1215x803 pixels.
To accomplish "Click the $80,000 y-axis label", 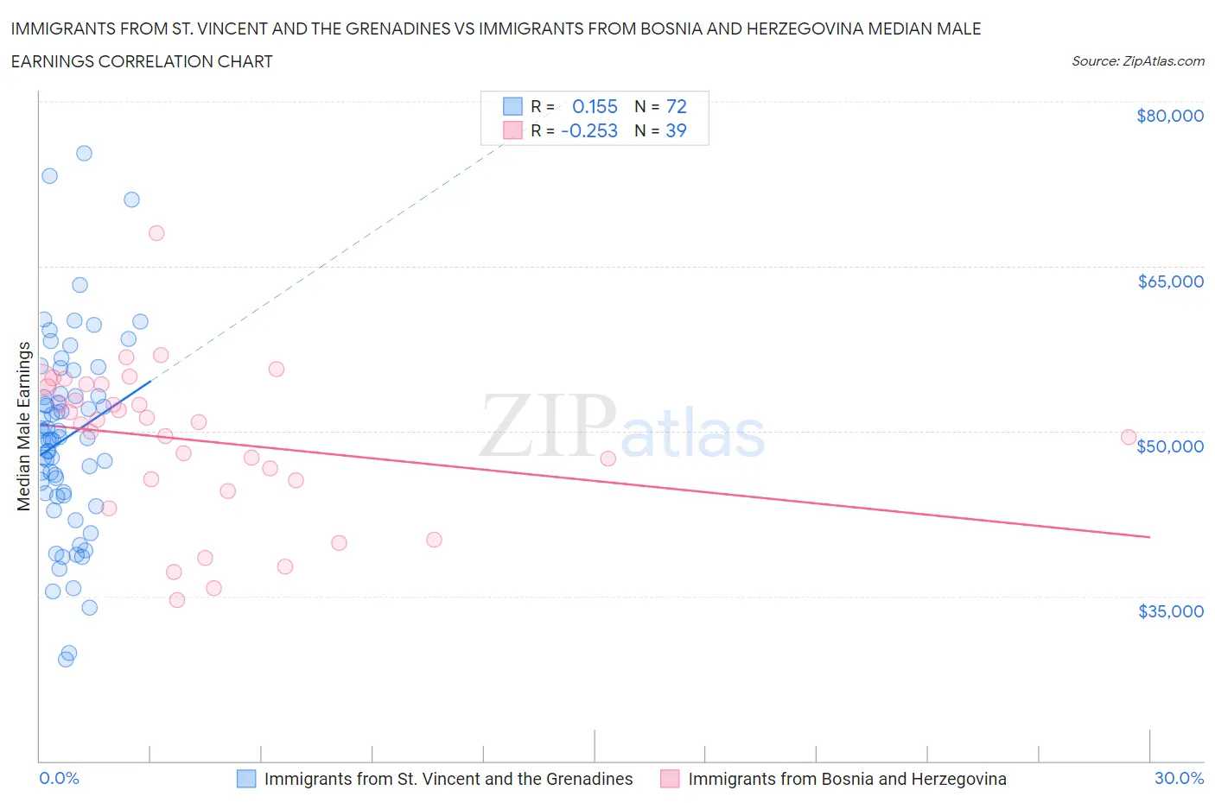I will pyautogui.click(x=1169, y=116).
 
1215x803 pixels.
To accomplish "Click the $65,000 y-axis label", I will pyautogui.click(x=1170, y=281).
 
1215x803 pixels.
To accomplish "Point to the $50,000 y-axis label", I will pyautogui.click(x=1170, y=446).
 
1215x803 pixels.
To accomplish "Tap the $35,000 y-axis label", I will pyautogui.click(x=1170, y=610).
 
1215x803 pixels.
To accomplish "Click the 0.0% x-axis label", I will pyautogui.click(x=59, y=778).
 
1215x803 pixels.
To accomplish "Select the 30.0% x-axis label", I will pyautogui.click(x=1179, y=778).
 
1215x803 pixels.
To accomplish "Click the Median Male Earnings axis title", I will pyautogui.click(x=23, y=426).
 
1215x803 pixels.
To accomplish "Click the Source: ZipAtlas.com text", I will pyautogui.click(x=1137, y=61).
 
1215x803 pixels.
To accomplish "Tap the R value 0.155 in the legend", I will pyautogui.click(x=595, y=106).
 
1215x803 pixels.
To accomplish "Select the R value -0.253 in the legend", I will pyautogui.click(x=589, y=130).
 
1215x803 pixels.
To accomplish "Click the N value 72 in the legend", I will pyautogui.click(x=676, y=106).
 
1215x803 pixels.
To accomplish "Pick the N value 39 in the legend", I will pyautogui.click(x=676, y=130).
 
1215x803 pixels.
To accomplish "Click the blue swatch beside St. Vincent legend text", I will pyautogui.click(x=246, y=779).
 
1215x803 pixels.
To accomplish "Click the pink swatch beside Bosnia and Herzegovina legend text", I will pyautogui.click(x=670, y=779).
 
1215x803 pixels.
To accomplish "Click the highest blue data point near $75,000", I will pyautogui.click(x=84, y=153).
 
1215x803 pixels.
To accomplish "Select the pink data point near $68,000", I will pyautogui.click(x=156, y=232).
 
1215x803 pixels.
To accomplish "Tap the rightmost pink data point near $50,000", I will pyautogui.click(x=1128, y=437).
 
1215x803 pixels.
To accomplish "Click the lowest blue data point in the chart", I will pyautogui.click(x=66, y=659).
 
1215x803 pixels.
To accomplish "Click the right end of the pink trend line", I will pyautogui.click(x=1149, y=537).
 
